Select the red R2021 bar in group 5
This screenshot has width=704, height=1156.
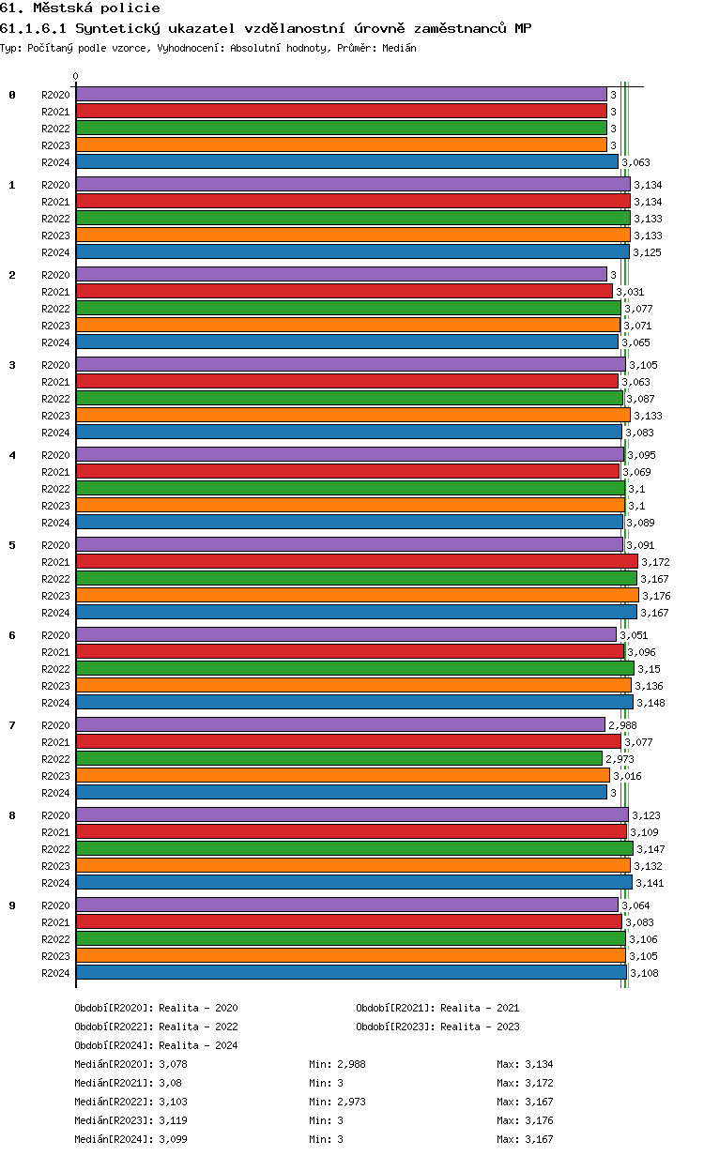356,562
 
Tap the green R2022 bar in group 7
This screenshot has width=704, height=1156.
339,759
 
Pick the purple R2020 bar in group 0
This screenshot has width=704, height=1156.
341,95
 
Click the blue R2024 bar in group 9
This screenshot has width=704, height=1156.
350,973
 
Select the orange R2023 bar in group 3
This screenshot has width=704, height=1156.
352,416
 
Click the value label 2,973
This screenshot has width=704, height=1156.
620,759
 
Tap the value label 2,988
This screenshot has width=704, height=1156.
623,725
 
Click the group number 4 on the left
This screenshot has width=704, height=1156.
12,455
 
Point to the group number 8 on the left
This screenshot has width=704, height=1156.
12,815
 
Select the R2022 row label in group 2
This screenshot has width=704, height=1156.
55,309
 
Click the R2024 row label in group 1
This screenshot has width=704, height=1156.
55,252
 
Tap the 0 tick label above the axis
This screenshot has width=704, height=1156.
76,77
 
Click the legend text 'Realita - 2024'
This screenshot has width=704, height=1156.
198,1045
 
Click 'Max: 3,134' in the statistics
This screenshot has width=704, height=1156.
525,1064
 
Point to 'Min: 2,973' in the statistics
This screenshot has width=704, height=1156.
337,1102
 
